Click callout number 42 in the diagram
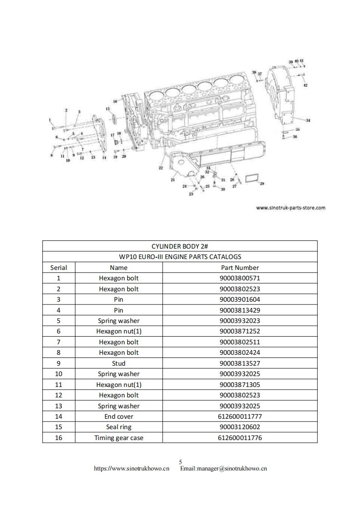[x=306, y=85]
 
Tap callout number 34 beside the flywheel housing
[x=308, y=120]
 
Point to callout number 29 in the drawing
[x=262, y=184]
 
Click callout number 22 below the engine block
[x=161, y=168]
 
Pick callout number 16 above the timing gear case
[x=115, y=101]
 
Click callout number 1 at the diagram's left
[x=50, y=120]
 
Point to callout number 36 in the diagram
[x=295, y=137]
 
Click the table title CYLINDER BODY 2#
[x=180, y=246]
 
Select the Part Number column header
[x=240, y=268]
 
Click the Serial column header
[x=59, y=268]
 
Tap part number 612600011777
[x=240, y=416]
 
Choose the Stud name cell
[x=118, y=363]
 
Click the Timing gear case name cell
[x=118, y=438]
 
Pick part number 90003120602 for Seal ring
[x=240, y=427]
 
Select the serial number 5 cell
[x=59, y=321]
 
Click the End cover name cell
[x=118, y=416]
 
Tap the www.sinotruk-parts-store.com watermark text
[x=291, y=208]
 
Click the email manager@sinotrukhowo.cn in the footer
[x=223, y=469]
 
